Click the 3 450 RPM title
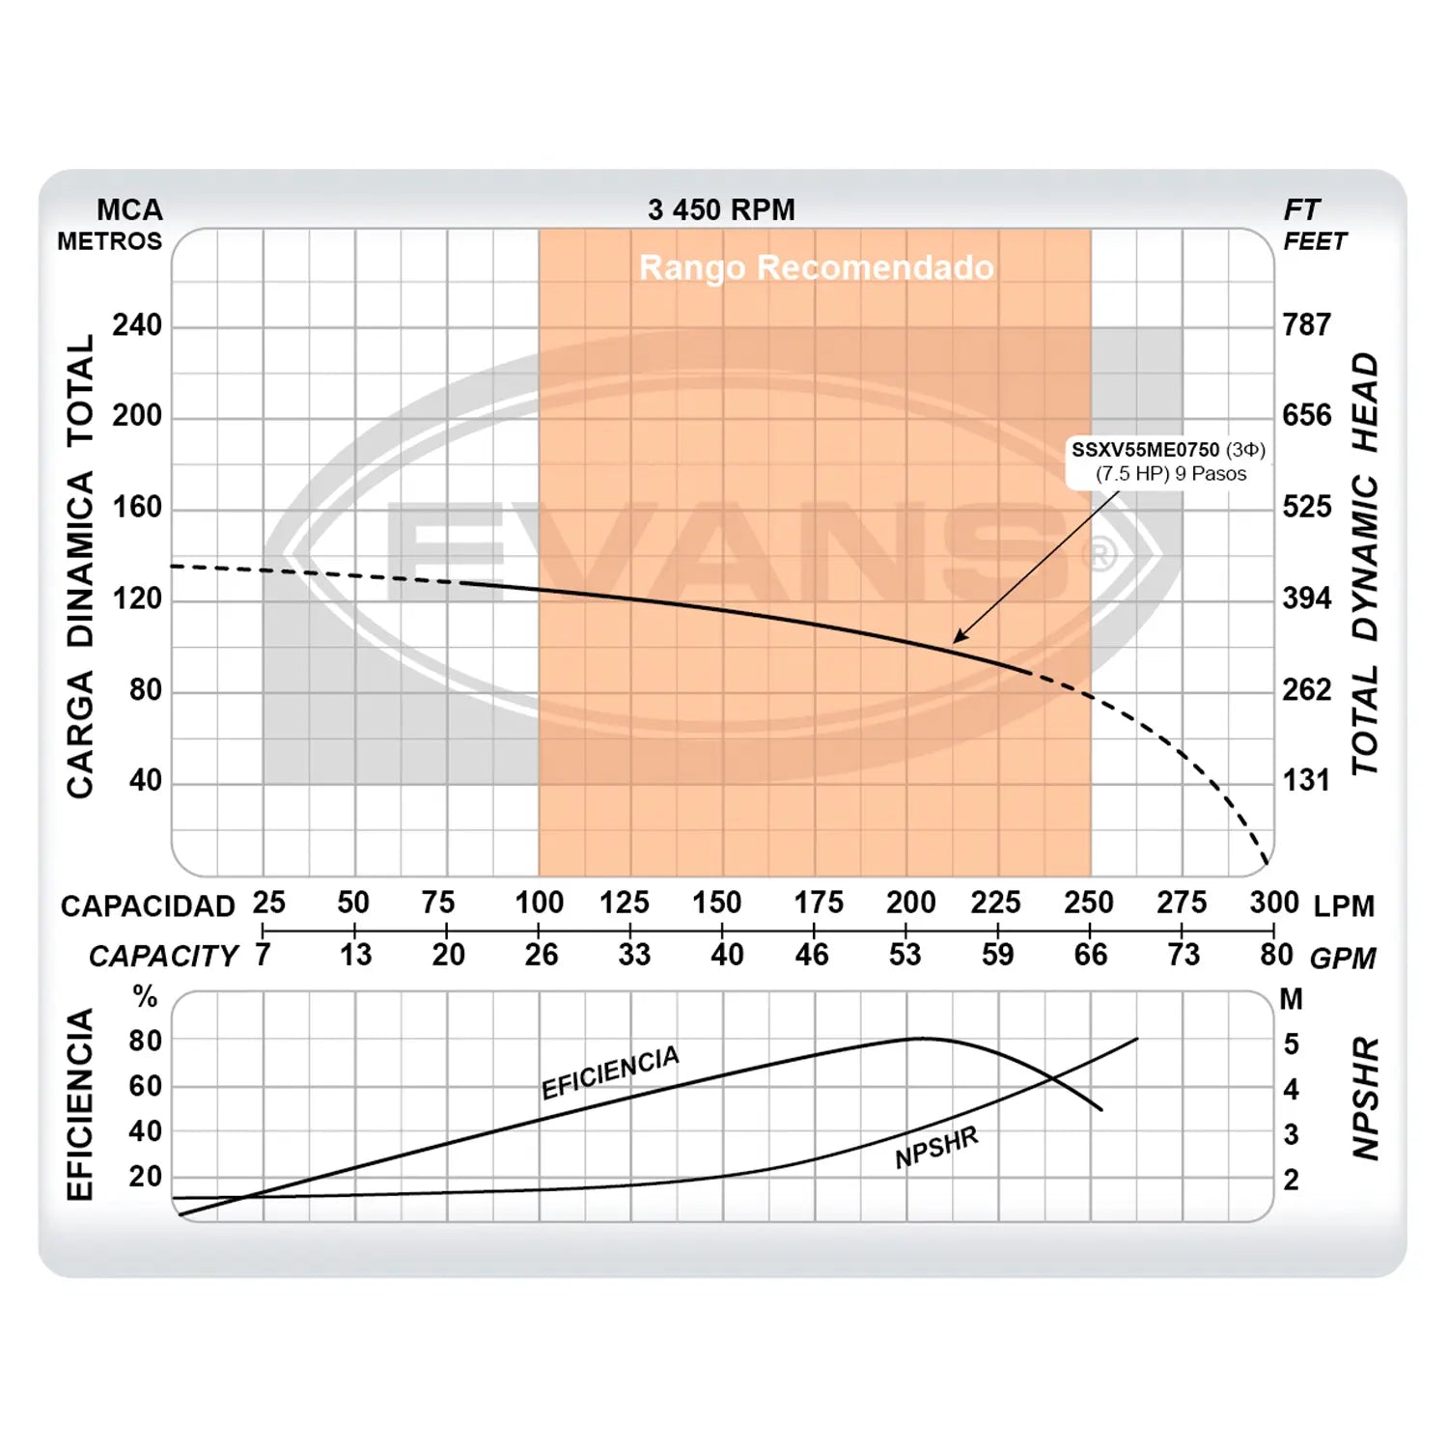721,209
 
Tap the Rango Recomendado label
816,267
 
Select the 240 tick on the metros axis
137,324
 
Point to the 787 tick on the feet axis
1307,324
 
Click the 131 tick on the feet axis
1306,780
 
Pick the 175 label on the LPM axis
818,903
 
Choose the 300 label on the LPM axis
1274,903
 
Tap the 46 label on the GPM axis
812,955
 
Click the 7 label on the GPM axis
263,955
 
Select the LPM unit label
1344,905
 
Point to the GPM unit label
1344,959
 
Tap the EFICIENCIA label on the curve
610,1072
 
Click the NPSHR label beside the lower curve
936,1147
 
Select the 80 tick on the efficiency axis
146,1041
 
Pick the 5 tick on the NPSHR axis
1292,1044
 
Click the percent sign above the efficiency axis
145,996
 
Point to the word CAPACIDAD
148,905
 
